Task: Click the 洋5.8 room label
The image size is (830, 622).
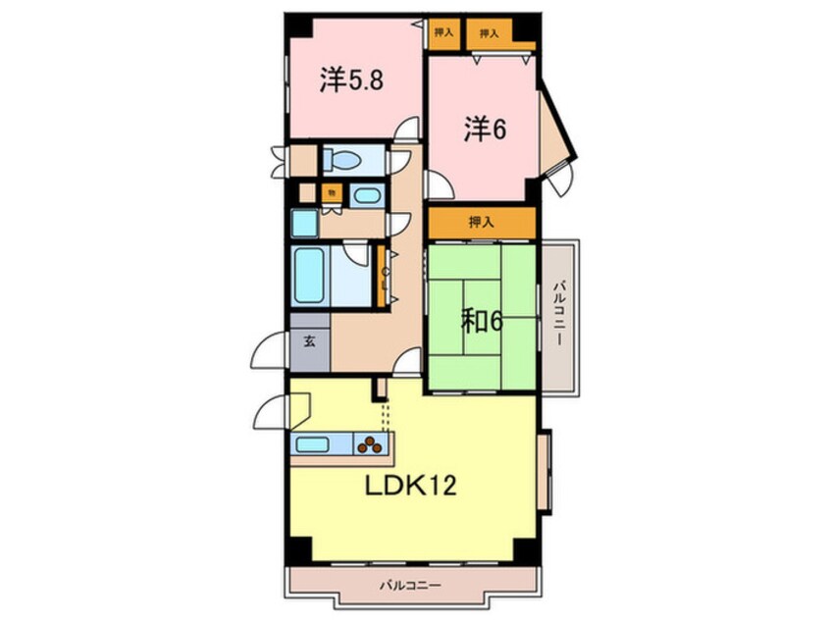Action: click(x=349, y=80)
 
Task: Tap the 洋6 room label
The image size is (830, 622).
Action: click(x=485, y=129)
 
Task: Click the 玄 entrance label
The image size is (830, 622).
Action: click(x=309, y=342)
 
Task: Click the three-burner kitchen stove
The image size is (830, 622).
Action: click(x=371, y=444)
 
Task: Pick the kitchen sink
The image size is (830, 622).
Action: click(x=312, y=444)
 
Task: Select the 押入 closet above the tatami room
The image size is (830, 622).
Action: click(x=481, y=223)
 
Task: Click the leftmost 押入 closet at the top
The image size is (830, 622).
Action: click(x=444, y=32)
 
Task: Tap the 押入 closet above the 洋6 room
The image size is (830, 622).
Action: click(x=490, y=32)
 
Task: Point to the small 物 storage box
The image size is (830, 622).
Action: click(x=333, y=193)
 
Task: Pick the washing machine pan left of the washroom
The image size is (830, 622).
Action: click(x=304, y=223)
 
